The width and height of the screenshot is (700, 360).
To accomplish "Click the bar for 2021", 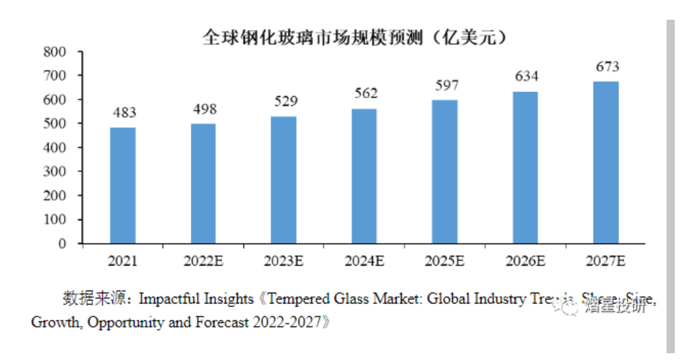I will pyautogui.click(x=123, y=185).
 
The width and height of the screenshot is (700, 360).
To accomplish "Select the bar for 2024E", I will pyautogui.click(x=364, y=176).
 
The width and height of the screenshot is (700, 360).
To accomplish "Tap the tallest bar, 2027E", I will pyautogui.click(x=606, y=162).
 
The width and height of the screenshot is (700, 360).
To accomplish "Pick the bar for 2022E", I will pyautogui.click(x=203, y=183).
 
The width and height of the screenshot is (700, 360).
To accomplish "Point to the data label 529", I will pyautogui.click(x=284, y=102).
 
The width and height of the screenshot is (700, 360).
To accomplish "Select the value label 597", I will pyautogui.click(x=446, y=86).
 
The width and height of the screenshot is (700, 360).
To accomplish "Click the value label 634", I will pyautogui.click(x=526, y=76).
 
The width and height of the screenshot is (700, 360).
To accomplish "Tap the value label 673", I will pyautogui.click(x=606, y=67).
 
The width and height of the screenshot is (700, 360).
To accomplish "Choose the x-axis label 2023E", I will pyautogui.click(x=284, y=262).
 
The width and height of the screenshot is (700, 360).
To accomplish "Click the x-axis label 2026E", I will pyautogui.click(x=525, y=262).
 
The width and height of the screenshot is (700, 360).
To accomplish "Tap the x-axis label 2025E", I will pyautogui.click(x=445, y=262).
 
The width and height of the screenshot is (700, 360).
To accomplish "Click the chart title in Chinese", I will pyautogui.click(x=355, y=36).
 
